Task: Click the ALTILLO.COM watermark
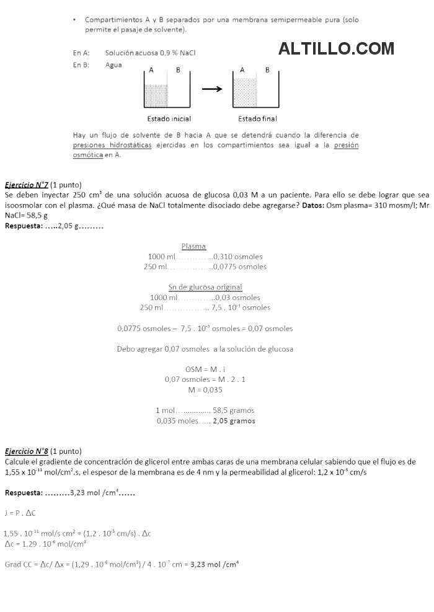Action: click(x=336, y=48)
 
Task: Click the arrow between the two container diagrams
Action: click(x=212, y=89)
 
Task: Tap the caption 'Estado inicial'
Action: click(x=169, y=118)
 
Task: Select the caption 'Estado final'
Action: click(x=257, y=118)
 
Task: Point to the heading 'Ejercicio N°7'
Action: click(x=27, y=185)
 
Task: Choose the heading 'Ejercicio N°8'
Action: click(x=27, y=451)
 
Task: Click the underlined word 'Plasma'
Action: click(x=193, y=246)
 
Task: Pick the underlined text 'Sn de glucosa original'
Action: click(x=205, y=287)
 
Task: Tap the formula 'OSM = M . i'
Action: click(x=205, y=369)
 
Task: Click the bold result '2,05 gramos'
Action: click(x=234, y=420)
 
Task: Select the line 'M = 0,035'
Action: click(x=205, y=390)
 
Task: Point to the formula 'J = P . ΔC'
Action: click(x=20, y=513)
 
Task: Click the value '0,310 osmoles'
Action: click(x=238, y=257)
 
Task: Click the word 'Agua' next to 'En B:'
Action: click(x=113, y=64)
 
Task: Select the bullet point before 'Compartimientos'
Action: click(x=74, y=20)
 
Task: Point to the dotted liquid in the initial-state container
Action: click(x=156, y=96)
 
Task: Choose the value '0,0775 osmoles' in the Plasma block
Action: click(x=240, y=267)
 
